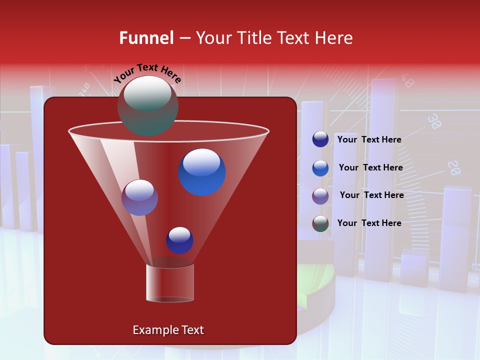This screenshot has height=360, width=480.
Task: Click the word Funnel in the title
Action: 146,38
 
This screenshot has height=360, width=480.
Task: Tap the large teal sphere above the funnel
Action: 147,106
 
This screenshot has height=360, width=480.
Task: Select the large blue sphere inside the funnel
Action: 201,172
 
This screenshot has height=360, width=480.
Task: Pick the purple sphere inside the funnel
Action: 139,197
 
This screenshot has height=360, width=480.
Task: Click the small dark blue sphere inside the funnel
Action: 179,240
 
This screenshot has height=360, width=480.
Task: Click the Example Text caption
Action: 168,330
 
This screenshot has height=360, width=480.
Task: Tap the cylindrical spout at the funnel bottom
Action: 169,283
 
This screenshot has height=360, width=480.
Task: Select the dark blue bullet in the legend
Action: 320,139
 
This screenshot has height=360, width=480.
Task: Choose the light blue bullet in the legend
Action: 320,168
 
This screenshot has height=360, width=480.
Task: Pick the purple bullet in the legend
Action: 320,196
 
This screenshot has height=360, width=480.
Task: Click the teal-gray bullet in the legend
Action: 320,223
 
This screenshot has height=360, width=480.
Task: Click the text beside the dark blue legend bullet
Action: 369,139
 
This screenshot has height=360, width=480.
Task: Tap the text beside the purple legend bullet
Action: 371,195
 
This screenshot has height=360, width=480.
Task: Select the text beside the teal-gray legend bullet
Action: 369,223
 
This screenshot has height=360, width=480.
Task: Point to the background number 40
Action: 407,81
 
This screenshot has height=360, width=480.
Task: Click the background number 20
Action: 453,167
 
